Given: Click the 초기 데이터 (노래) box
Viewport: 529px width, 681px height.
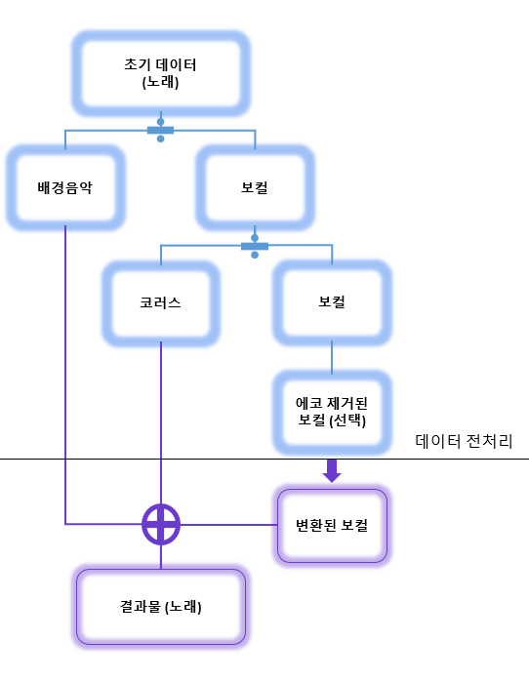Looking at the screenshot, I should (x=161, y=74).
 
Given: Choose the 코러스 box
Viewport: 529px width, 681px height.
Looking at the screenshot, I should (x=161, y=302).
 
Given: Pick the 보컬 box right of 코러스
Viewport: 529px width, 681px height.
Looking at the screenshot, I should (x=332, y=302).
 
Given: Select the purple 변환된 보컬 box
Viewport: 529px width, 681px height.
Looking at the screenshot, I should (x=332, y=526).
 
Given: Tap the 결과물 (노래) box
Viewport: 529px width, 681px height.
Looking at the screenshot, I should (x=161, y=607).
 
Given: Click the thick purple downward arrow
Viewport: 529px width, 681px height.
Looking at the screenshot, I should (x=332, y=471).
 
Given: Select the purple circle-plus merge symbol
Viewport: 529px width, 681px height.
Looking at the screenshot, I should (x=161, y=524).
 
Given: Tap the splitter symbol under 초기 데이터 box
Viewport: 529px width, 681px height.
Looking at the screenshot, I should (x=160, y=131).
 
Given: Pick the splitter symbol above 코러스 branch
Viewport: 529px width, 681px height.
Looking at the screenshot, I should (x=255, y=246).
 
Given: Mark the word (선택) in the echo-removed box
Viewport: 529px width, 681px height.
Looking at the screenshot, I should (x=353, y=421).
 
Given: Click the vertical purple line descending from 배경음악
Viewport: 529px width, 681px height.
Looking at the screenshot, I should (x=65, y=371).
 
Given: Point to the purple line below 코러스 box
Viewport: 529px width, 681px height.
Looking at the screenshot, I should (x=161, y=420).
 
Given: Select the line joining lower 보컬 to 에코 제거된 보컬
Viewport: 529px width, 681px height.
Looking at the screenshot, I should (x=332, y=357).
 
